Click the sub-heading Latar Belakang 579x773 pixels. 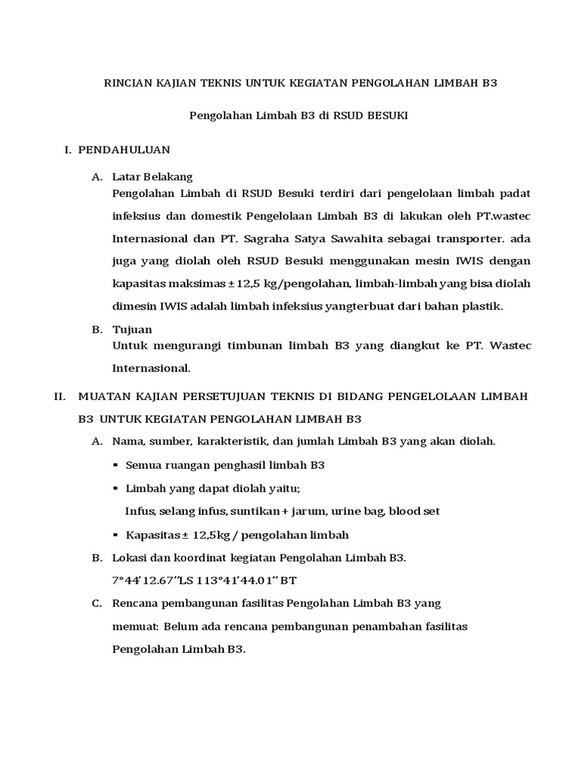click(152, 177)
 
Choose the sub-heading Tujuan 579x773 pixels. click(132, 330)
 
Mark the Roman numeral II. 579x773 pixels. click(61, 396)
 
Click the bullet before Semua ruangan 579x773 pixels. click(115, 466)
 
